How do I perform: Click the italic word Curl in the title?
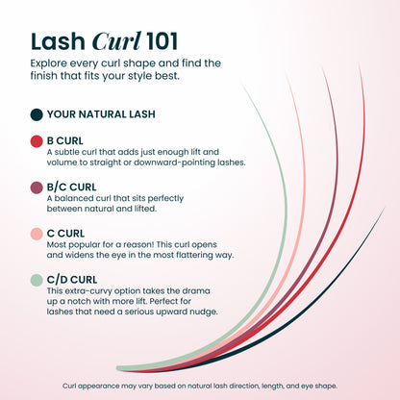116,41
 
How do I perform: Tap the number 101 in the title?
162,41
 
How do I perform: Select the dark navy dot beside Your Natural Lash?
37,114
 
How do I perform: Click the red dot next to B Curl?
37,141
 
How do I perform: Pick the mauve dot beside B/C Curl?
37,187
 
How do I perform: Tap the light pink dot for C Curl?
37,234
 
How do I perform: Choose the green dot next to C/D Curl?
37,280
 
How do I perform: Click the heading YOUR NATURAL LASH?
101,114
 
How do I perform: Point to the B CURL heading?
65,141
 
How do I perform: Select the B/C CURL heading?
71,187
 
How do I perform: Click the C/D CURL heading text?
72,280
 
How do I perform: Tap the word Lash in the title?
58,41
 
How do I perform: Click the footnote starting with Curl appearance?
200,386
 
